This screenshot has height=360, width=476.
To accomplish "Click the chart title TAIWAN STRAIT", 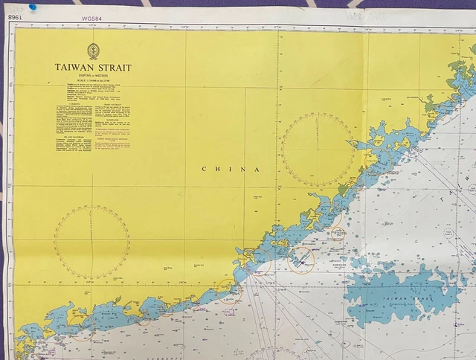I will (x=93, y=68).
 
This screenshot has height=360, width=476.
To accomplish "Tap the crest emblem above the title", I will (x=93, y=51).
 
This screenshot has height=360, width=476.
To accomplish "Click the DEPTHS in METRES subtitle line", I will (x=93, y=77).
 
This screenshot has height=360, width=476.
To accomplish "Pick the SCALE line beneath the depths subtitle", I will (x=93, y=81).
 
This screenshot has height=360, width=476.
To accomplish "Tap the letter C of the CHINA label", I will (x=205, y=170).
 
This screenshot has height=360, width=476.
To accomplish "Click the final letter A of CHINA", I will (x=257, y=170).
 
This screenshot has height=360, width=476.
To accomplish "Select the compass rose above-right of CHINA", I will (x=318, y=150).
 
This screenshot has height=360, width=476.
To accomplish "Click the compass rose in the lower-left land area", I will (x=91, y=242).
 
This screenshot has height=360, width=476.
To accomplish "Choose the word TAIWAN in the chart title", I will (x=74, y=68).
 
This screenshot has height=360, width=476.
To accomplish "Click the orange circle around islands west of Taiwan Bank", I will (x=300, y=260).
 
